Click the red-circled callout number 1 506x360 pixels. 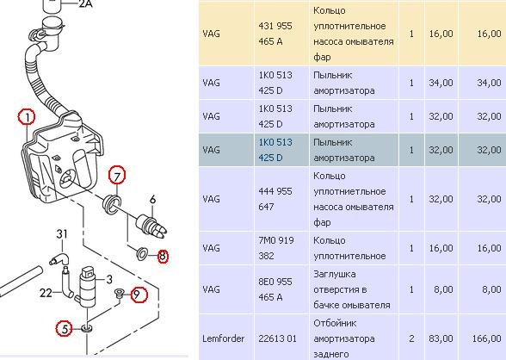27,117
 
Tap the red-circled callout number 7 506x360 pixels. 117,176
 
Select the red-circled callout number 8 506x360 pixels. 163,257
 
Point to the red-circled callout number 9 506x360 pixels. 139,295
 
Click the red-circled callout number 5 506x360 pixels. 65,329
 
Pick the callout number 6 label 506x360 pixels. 152,199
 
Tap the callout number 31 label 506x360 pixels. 62,233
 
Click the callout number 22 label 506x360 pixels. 46,293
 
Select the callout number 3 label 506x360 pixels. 109,279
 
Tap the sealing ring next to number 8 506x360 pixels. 142,254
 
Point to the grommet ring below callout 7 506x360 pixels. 112,203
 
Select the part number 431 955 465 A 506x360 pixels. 275,34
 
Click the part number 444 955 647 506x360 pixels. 275,199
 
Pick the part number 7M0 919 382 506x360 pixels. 276,248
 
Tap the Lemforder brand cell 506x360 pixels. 223,338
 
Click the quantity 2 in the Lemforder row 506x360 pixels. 411,338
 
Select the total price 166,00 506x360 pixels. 487,338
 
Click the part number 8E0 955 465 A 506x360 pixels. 275,289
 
